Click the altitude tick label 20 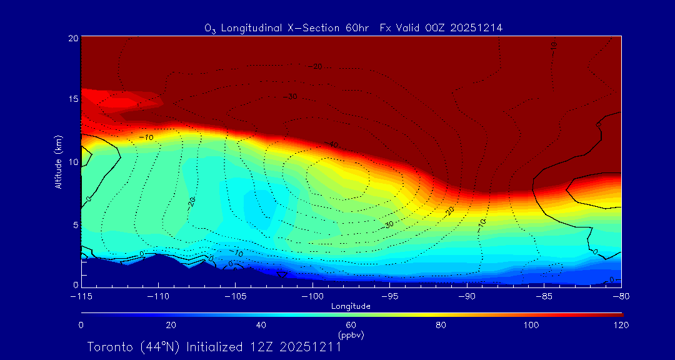72,38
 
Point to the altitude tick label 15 72,99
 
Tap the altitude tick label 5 74,224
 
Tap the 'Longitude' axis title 351,306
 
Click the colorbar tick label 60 351,325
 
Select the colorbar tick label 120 621,325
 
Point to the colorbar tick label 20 171,325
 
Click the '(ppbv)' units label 351,335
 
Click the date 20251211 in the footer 310,347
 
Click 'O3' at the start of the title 210,28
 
